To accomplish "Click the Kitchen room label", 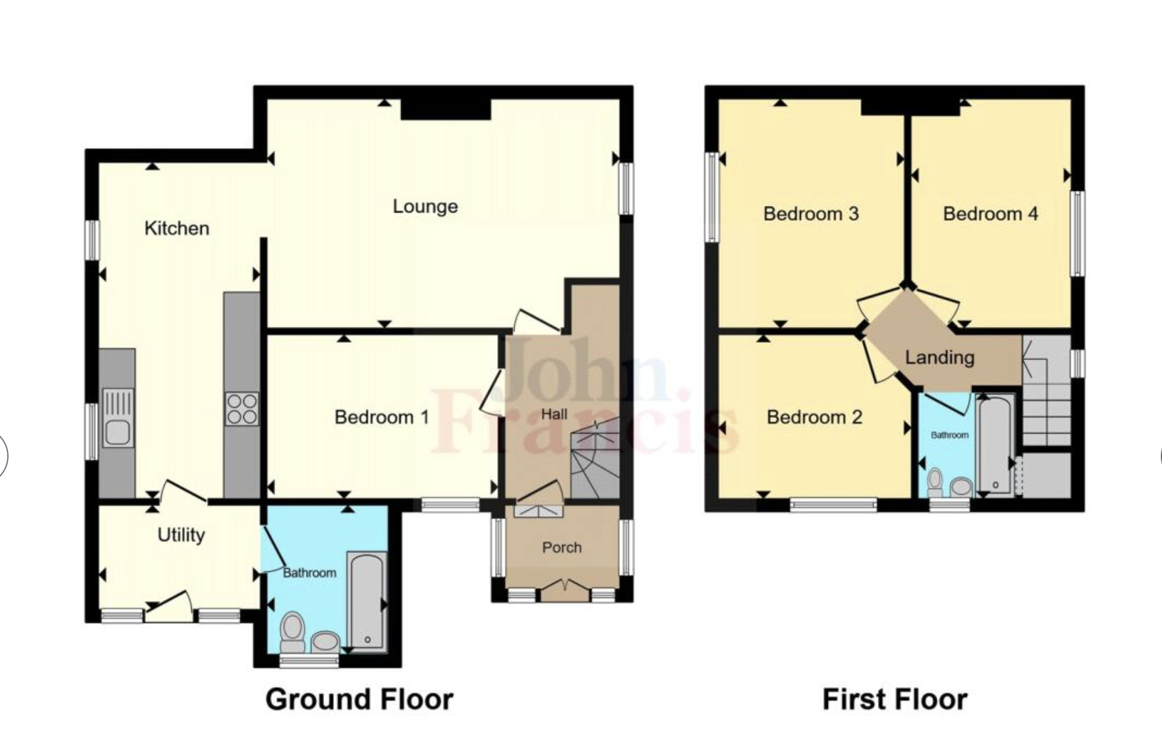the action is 177,228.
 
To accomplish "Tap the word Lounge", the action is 425,207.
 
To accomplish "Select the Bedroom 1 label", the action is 381,417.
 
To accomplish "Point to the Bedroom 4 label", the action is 990,214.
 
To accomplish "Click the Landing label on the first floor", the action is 939,357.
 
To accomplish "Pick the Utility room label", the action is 181,535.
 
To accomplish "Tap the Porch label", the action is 562,547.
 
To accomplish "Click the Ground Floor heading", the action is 359,699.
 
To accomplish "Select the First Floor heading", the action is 895,699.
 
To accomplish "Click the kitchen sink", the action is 118,418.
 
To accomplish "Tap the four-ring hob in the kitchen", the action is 242,409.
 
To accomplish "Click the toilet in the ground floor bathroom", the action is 293,632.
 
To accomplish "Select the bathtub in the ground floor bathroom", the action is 367,601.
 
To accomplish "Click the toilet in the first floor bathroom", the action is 935,482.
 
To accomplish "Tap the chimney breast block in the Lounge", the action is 446,109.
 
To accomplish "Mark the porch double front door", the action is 565,590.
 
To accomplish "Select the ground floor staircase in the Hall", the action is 594,459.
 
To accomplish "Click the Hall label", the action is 554,414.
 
